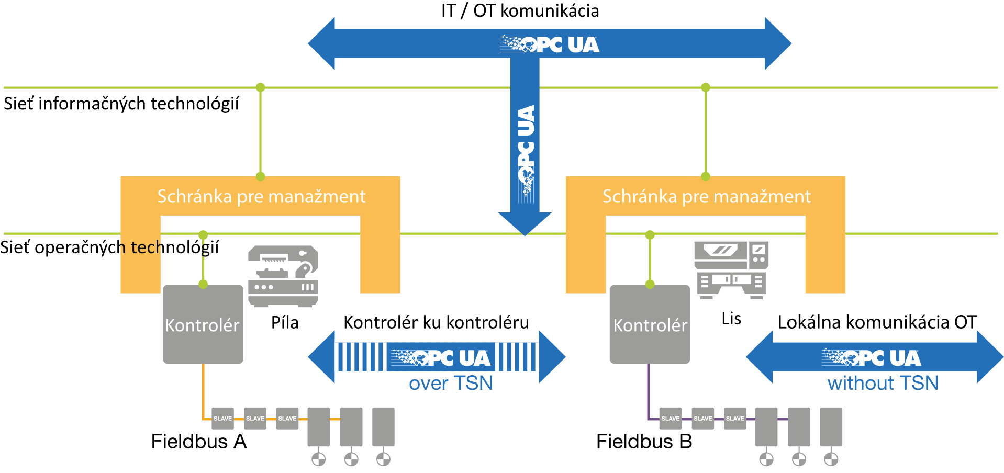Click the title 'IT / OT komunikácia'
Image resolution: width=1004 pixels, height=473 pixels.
(x=520, y=11)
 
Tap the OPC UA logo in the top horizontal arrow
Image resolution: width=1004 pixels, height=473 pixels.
(x=549, y=44)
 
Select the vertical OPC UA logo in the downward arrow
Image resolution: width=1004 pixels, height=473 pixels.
(x=526, y=152)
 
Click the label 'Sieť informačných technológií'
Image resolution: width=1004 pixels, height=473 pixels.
(x=121, y=104)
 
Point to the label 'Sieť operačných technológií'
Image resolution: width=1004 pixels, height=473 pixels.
(x=109, y=247)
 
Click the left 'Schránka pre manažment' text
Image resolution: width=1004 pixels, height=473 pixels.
(x=261, y=197)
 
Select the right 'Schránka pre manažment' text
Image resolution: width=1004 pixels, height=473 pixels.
(x=706, y=197)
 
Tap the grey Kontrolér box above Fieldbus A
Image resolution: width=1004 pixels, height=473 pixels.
(x=203, y=324)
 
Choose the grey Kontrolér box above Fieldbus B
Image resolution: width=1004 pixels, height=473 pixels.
(x=650, y=324)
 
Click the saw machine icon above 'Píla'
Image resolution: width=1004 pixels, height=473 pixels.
(x=283, y=276)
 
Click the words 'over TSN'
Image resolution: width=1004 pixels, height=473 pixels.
(x=450, y=384)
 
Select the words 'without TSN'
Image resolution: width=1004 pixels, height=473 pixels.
(x=883, y=384)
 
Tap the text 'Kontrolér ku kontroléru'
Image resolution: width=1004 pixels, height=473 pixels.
(x=436, y=322)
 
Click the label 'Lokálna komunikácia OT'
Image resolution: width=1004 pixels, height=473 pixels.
(x=877, y=322)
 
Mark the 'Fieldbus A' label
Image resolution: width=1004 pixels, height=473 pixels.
(x=198, y=442)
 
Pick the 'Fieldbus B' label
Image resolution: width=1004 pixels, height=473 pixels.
(x=644, y=442)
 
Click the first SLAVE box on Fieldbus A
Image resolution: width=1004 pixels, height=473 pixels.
(x=222, y=419)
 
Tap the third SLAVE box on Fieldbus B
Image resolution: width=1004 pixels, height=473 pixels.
(x=735, y=419)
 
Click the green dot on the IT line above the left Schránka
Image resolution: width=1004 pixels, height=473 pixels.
(x=260, y=87)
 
